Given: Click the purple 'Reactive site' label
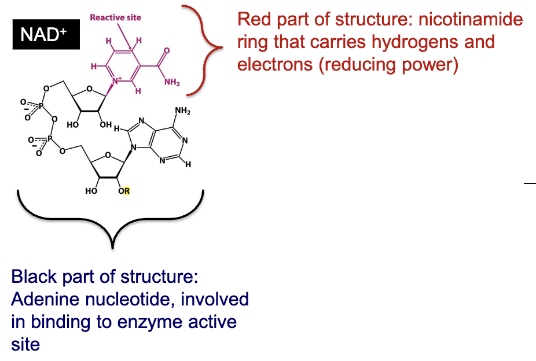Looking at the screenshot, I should tap(115, 17).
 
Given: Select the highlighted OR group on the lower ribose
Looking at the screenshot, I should tap(124, 190).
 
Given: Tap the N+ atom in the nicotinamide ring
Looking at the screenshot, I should tap(116, 81).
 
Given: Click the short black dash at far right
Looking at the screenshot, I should tap(530, 183).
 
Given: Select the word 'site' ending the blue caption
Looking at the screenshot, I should tap(25, 344).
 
